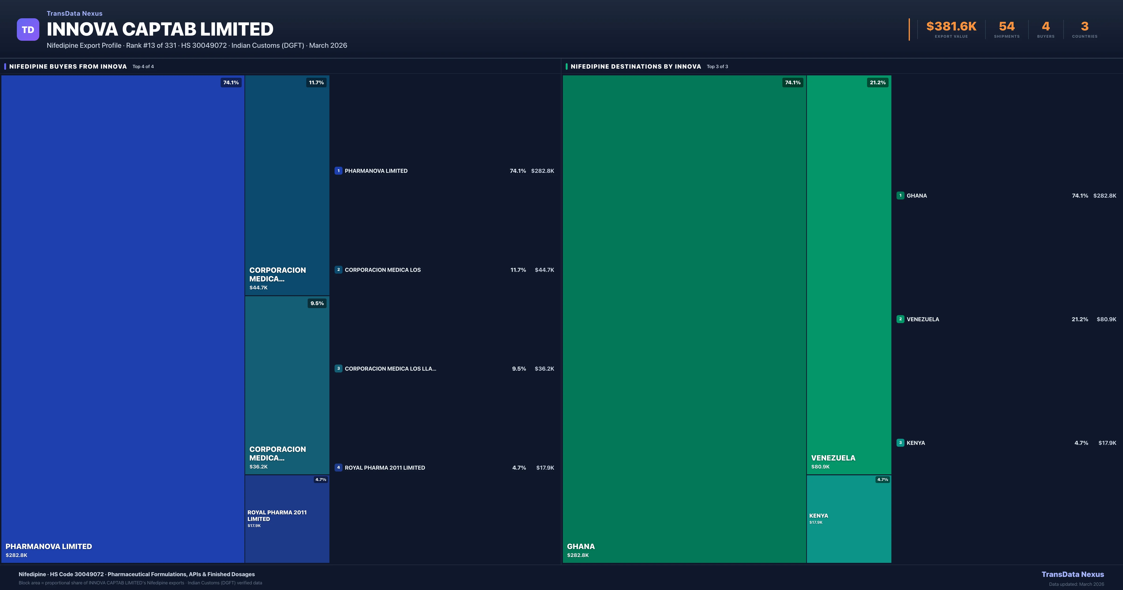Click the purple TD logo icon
pyautogui.click(x=28, y=30)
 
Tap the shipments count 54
pyautogui.click(x=1006, y=27)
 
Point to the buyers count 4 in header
pyautogui.click(x=1045, y=27)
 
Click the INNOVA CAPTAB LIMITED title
pyautogui.click(x=160, y=29)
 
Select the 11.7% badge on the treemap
pyautogui.click(x=316, y=82)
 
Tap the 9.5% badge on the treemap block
pyautogui.click(x=317, y=303)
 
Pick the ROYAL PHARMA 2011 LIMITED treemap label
pyautogui.click(x=277, y=515)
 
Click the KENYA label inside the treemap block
pyautogui.click(x=818, y=515)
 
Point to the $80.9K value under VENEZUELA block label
pyautogui.click(x=820, y=467)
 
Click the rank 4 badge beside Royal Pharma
pyautogui.click(x=338, y=467)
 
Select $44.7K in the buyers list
pyautogui.click(x=544, y=270)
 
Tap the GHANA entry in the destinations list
pyautogui.click(x=916, y=195)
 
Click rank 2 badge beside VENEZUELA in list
pyautogui.click(x=900, y=319)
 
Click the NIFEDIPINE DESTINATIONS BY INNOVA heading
pyautogui.click(x=636, y=66)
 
